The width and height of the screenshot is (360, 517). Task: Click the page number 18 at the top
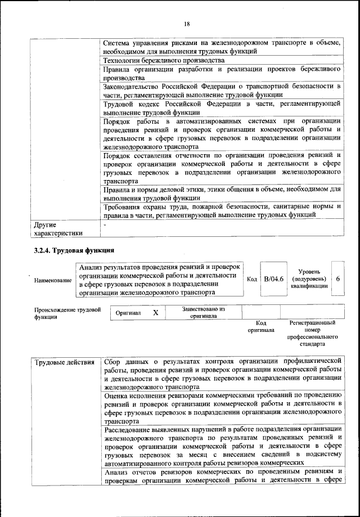pos(187,23)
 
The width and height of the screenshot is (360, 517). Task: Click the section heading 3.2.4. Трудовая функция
pos(74,250)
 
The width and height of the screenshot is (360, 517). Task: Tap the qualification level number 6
pos(337,279)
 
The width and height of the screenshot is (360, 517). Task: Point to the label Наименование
pos(53,280)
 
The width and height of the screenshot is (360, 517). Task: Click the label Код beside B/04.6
pos(252,279)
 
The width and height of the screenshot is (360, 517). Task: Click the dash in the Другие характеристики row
pos(105,224)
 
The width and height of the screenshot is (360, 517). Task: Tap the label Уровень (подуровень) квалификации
pos(308,278)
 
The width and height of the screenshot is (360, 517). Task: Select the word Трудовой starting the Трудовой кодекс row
pos(120,104)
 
